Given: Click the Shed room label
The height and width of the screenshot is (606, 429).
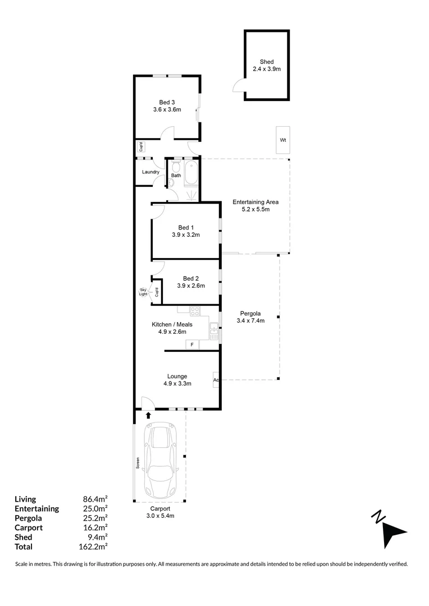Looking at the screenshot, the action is coord(267,62).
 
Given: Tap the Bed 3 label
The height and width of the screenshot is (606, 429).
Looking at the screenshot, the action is coord(167,103).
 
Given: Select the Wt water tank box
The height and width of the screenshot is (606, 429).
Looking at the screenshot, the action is coord(283,140).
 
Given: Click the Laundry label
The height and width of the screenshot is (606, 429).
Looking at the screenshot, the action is coord(150,172).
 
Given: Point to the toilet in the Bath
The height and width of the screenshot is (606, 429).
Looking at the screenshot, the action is coord(176,167).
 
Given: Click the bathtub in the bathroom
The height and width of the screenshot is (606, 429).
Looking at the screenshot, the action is coord(191,173).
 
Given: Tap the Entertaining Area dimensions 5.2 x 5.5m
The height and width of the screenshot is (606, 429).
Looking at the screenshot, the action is coord(255,209).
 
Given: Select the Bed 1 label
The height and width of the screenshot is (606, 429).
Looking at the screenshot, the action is coord(186,228).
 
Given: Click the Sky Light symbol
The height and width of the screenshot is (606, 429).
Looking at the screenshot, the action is coord(144,292).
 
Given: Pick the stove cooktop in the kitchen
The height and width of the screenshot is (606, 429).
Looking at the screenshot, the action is coord(195,311).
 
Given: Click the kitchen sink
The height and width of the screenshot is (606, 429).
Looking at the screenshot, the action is coord(214,331).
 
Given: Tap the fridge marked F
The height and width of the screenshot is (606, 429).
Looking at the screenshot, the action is coord(192,345).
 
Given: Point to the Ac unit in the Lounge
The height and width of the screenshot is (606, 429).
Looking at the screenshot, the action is coord(216,379).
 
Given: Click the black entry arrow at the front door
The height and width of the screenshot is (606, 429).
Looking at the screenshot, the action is coord(148,415).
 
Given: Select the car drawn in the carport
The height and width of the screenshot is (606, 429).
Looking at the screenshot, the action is coord(159,460).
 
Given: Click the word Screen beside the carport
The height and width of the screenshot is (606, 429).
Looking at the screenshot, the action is coord(138,463).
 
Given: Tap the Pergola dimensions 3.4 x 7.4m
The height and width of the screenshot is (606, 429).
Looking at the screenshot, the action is coord(250,320).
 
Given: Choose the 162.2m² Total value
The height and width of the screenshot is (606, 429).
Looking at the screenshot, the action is coord(93,547).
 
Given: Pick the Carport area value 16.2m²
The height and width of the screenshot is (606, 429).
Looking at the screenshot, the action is coord(95,527).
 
